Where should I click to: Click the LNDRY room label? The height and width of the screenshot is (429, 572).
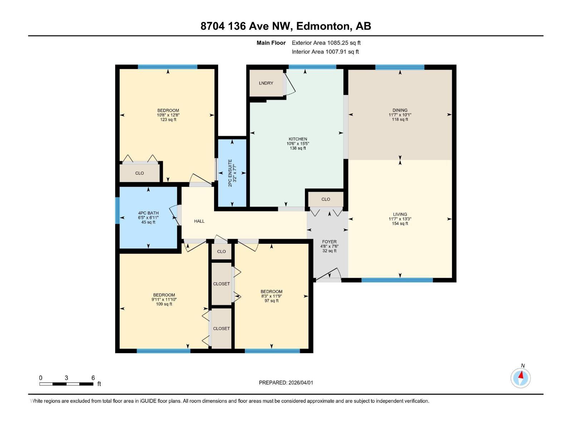point(266,83)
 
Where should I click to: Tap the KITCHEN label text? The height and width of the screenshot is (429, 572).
point(298,139)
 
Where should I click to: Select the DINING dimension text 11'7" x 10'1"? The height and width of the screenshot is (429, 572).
point(400,115)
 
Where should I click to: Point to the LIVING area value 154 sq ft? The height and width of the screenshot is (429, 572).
point(400,223)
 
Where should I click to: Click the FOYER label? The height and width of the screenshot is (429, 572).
point(329,242)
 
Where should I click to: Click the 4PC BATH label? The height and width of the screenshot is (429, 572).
point(148,213)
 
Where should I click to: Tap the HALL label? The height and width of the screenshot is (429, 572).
point(199,221)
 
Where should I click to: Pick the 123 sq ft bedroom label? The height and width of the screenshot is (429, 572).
point(168,110)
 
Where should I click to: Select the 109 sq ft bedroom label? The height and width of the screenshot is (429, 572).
point(164,295)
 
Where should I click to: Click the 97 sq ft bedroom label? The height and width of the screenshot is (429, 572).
point(271,292)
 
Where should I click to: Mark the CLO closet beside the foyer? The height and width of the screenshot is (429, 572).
point(326,199)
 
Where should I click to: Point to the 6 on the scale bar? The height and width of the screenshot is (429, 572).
point(93,378)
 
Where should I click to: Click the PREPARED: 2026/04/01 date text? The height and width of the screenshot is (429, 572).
point(286,383)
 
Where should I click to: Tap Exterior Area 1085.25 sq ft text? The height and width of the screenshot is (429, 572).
point(326,43)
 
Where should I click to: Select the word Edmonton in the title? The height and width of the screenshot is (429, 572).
point(323,26)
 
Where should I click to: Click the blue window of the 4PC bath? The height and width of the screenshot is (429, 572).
point(117,211)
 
